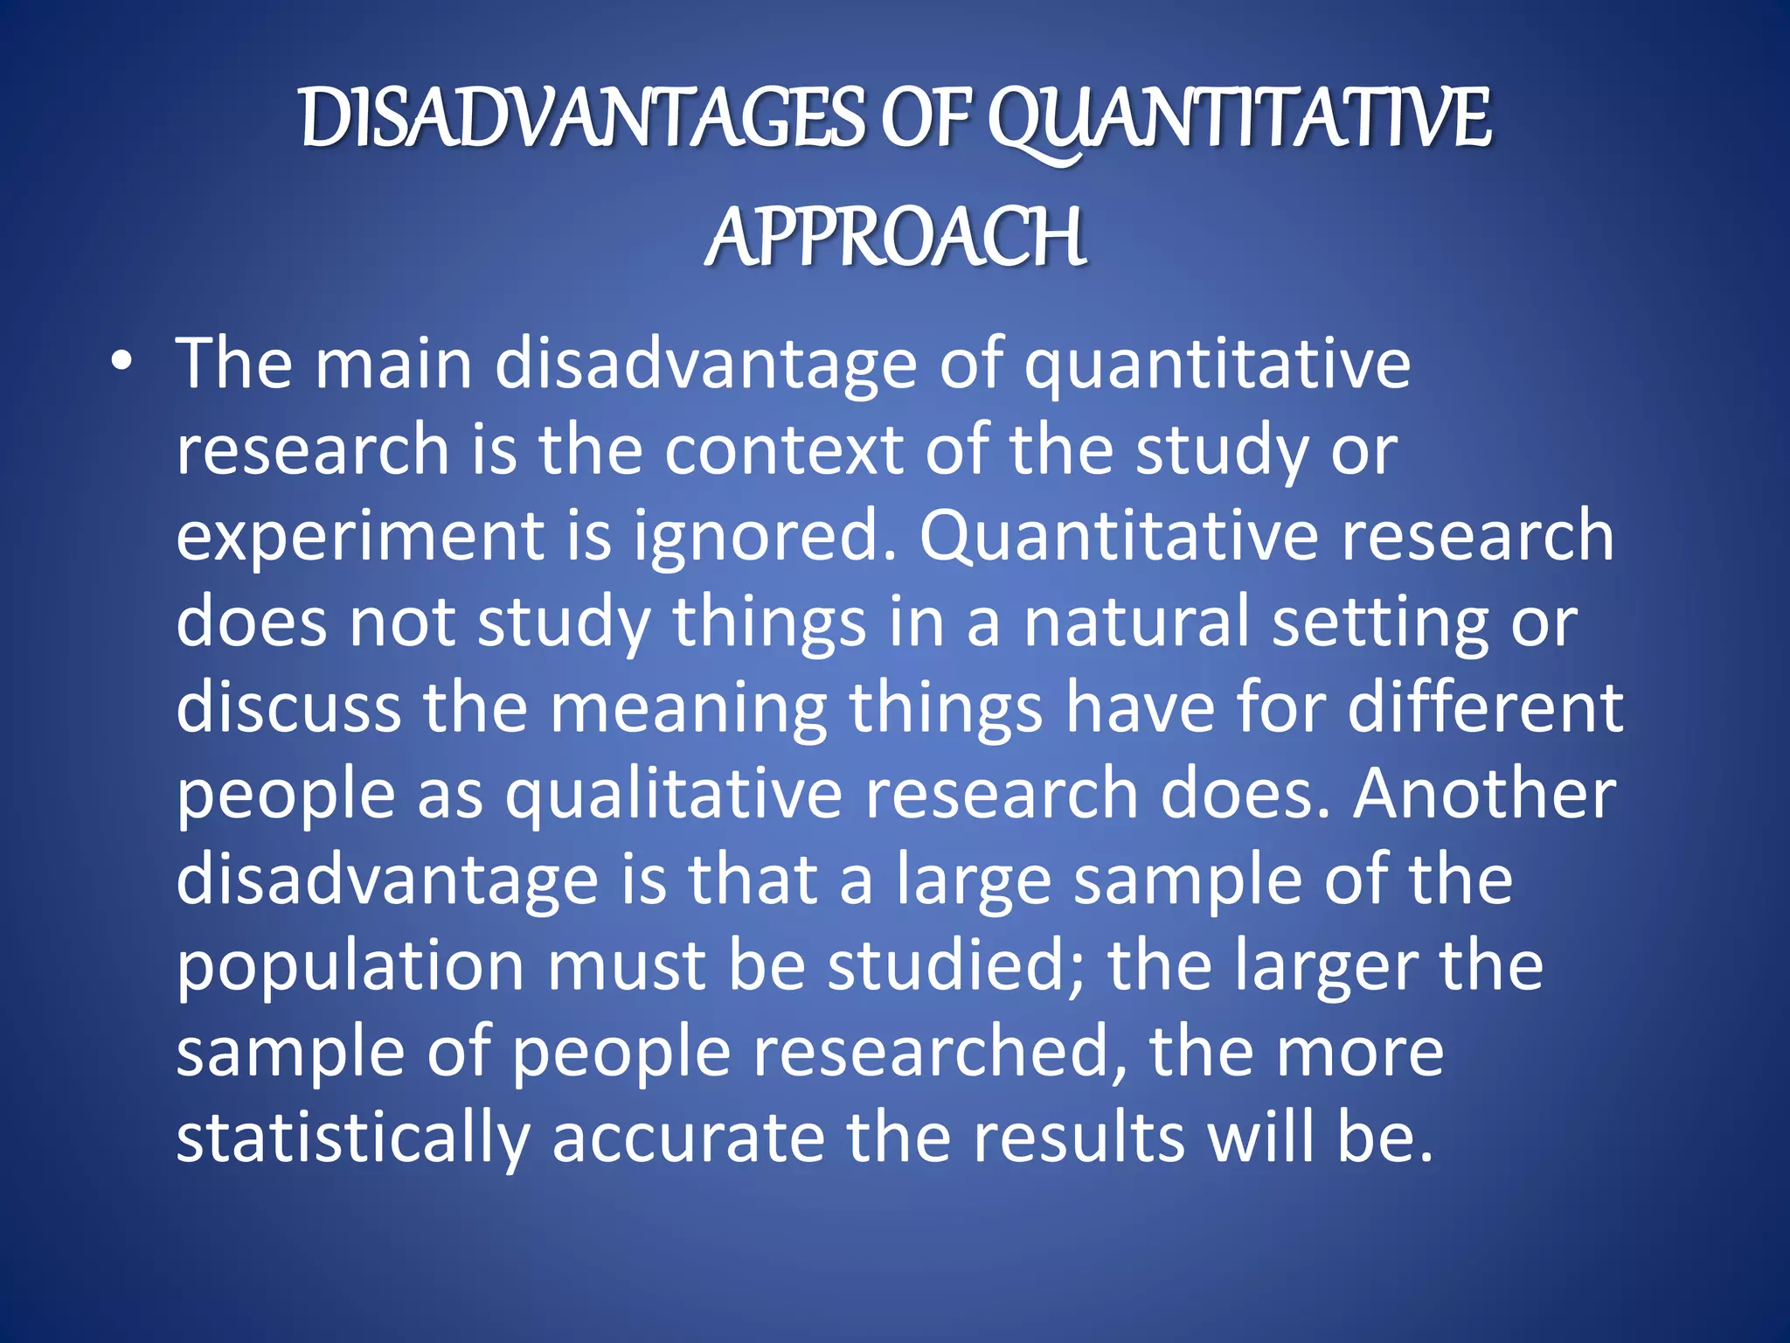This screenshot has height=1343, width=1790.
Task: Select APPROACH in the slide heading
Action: coord(896,238)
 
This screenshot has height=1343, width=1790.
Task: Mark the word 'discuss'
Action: coord(288,707)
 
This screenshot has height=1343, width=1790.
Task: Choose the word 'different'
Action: coord(1485,707)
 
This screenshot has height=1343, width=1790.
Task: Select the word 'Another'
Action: coord(1484,793)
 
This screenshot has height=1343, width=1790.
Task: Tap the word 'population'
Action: coord(350,968)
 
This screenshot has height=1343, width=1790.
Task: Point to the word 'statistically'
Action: coord(353,1138)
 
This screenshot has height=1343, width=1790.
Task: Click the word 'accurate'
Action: coord(688,1138)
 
